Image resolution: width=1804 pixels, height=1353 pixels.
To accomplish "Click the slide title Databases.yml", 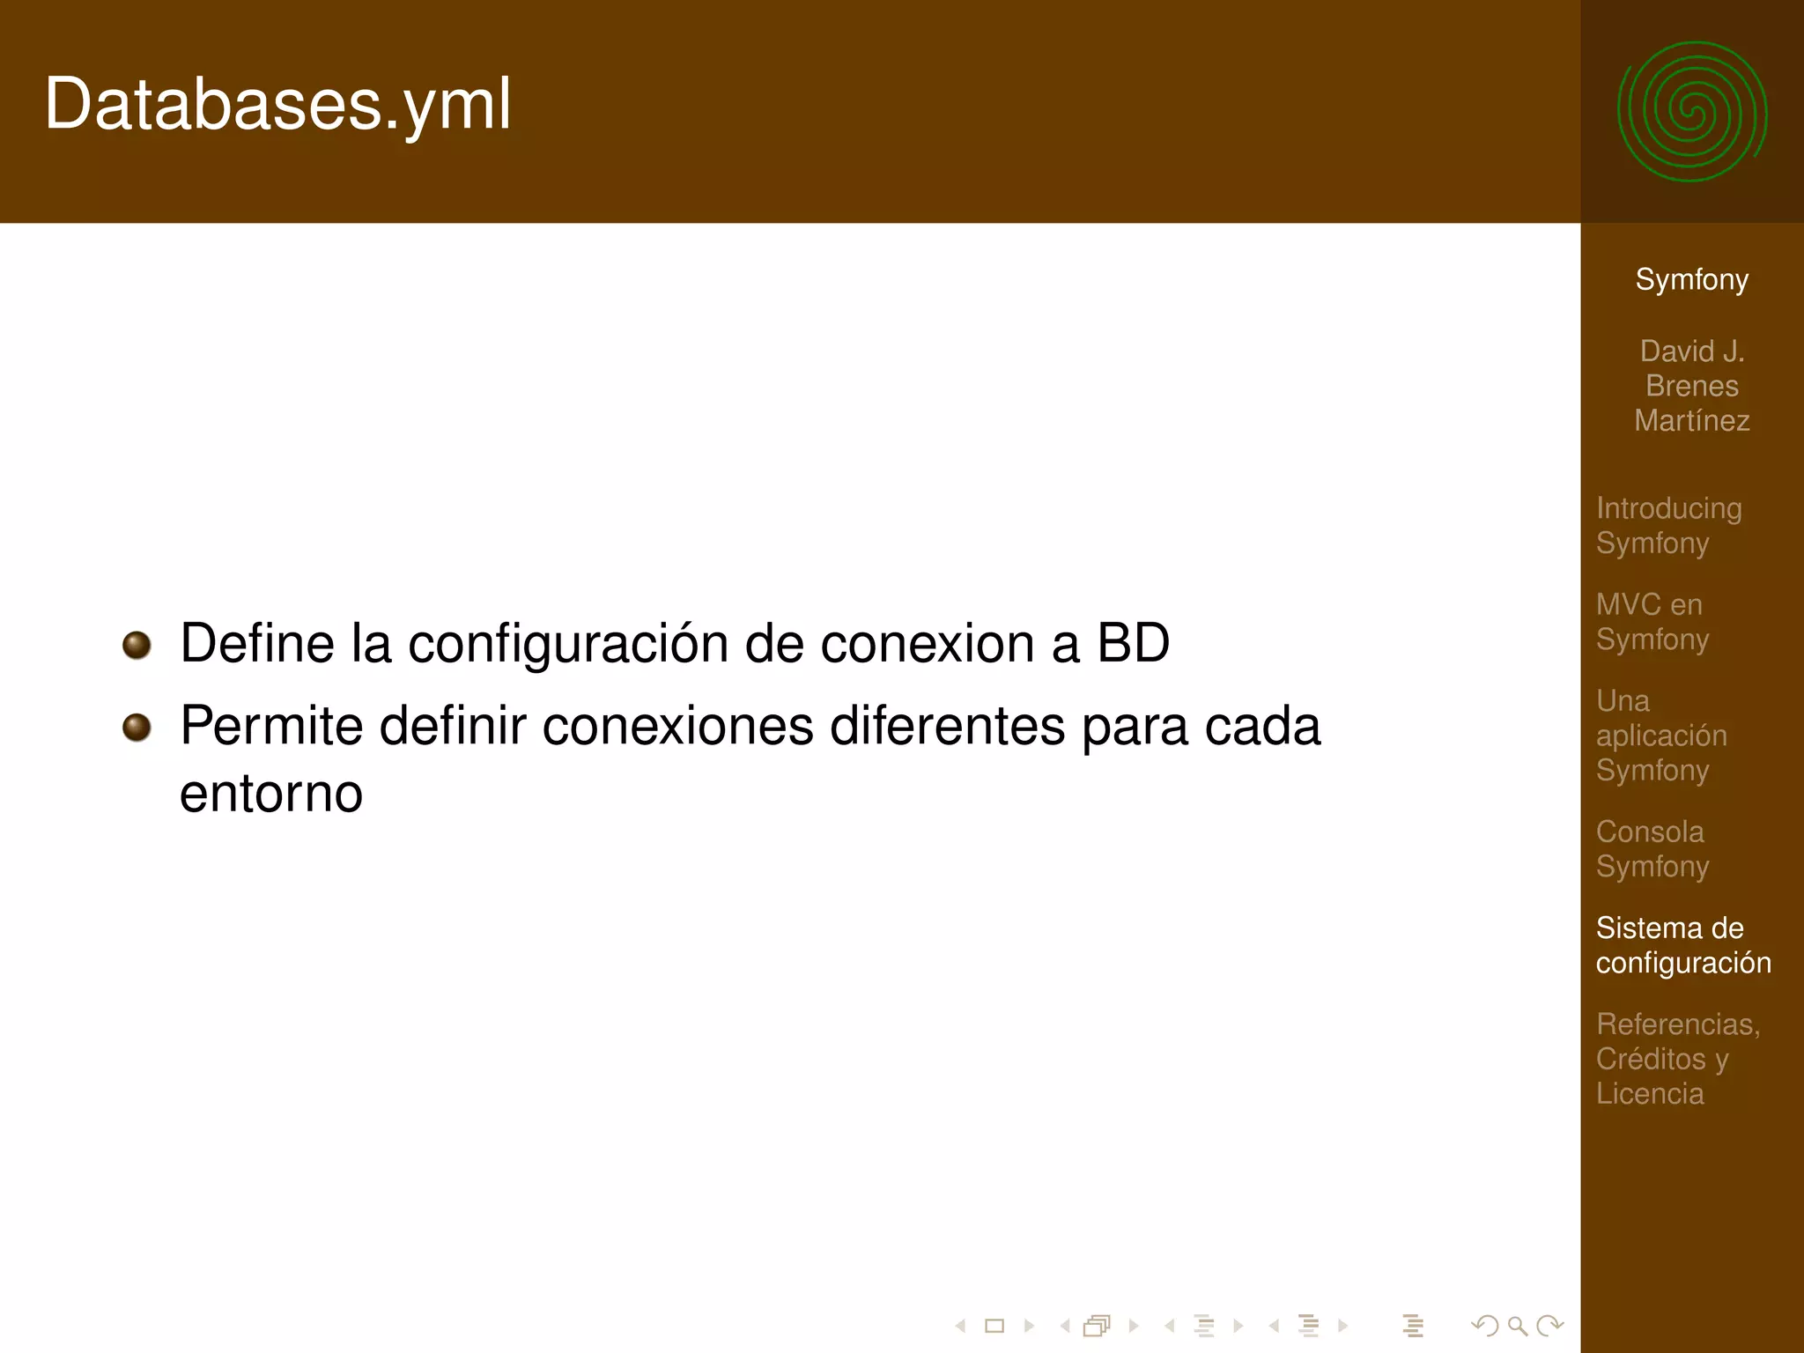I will click(x=277, y=105).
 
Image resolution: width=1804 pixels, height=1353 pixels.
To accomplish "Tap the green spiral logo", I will click(x=1691, y=112).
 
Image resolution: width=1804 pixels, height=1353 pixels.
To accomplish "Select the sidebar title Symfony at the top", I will click(x=1691, y=279).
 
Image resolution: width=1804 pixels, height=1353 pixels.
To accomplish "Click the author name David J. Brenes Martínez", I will click(x=1691, y=386).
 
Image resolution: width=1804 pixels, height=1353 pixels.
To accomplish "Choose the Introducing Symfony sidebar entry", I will click(x=1668, y=525).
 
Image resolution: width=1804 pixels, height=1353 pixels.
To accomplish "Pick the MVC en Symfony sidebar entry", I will click(x=1652, y=621).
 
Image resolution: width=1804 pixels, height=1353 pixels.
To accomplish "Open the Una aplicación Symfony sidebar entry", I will click(x=1660, y=735).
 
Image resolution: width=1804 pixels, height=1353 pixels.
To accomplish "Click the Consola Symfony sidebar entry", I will click(x=1652, y=848).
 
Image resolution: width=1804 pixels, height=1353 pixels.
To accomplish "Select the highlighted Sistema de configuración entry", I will click(x=1682, y=944).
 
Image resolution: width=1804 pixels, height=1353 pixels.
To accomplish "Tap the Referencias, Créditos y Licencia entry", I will click(x=1677, y=1058).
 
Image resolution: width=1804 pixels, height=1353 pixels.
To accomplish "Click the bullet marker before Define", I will click(x=137, y=645).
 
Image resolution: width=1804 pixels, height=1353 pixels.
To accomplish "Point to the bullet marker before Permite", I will click(x=137, y=728).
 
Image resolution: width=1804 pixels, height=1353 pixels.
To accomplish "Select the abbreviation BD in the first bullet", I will click(x=1133, y=643).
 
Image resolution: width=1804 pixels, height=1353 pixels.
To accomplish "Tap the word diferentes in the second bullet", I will click(x=948, y=727).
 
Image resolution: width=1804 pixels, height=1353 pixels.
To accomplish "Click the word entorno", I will click(x=271, y=794).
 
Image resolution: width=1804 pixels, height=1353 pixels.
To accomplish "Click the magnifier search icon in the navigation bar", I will click(x=1517, y=1326).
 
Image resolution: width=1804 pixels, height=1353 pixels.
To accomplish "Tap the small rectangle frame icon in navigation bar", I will click(x=994, y=1326).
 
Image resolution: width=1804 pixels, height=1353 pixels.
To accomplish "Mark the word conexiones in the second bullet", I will click(x=678, y=727).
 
